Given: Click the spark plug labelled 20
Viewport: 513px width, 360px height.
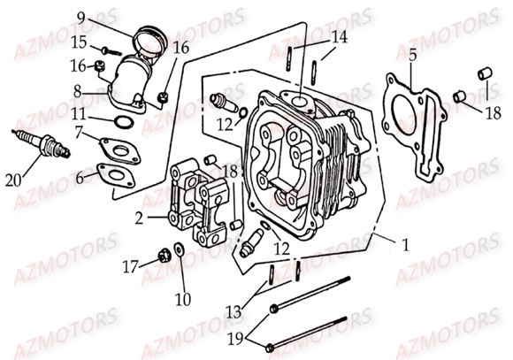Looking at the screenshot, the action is point(42,144).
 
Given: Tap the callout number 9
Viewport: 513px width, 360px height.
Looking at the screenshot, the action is point(81,17).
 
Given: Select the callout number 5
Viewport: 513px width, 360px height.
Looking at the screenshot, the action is point(412,56).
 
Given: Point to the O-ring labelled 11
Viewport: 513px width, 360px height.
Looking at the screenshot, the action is point(125,122).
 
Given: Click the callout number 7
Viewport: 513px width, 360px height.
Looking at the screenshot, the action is point(79,134).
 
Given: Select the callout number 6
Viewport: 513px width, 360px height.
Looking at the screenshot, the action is point(80,179).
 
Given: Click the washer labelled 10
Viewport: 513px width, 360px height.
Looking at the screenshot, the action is point(179,249).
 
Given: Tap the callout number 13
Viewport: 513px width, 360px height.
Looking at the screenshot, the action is point(234,312).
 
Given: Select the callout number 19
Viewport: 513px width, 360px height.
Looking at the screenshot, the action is point(236,340).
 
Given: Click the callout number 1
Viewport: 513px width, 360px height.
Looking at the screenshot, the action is point(405,245).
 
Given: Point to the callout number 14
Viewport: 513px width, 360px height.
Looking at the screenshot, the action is point(340,37).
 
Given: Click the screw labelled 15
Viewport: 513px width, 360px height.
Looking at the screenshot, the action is point(111,51).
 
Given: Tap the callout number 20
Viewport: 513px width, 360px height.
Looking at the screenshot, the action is point(13,180).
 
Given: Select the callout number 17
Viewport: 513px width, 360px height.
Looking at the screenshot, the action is point(130,267).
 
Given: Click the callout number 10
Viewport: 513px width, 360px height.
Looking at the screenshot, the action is point(183,300).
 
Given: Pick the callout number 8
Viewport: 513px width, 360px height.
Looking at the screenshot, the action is point(77,92).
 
